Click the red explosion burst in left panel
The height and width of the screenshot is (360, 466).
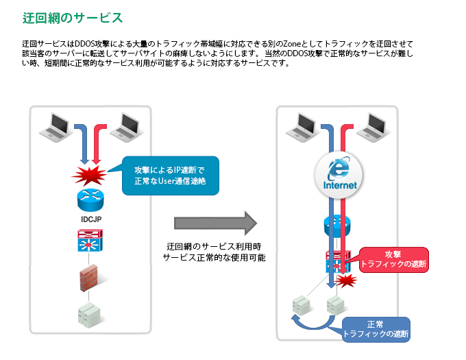pos(89,176)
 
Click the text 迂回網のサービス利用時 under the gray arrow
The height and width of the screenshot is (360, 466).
pos(214,245)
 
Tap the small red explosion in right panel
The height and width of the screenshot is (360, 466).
pos(349,280)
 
